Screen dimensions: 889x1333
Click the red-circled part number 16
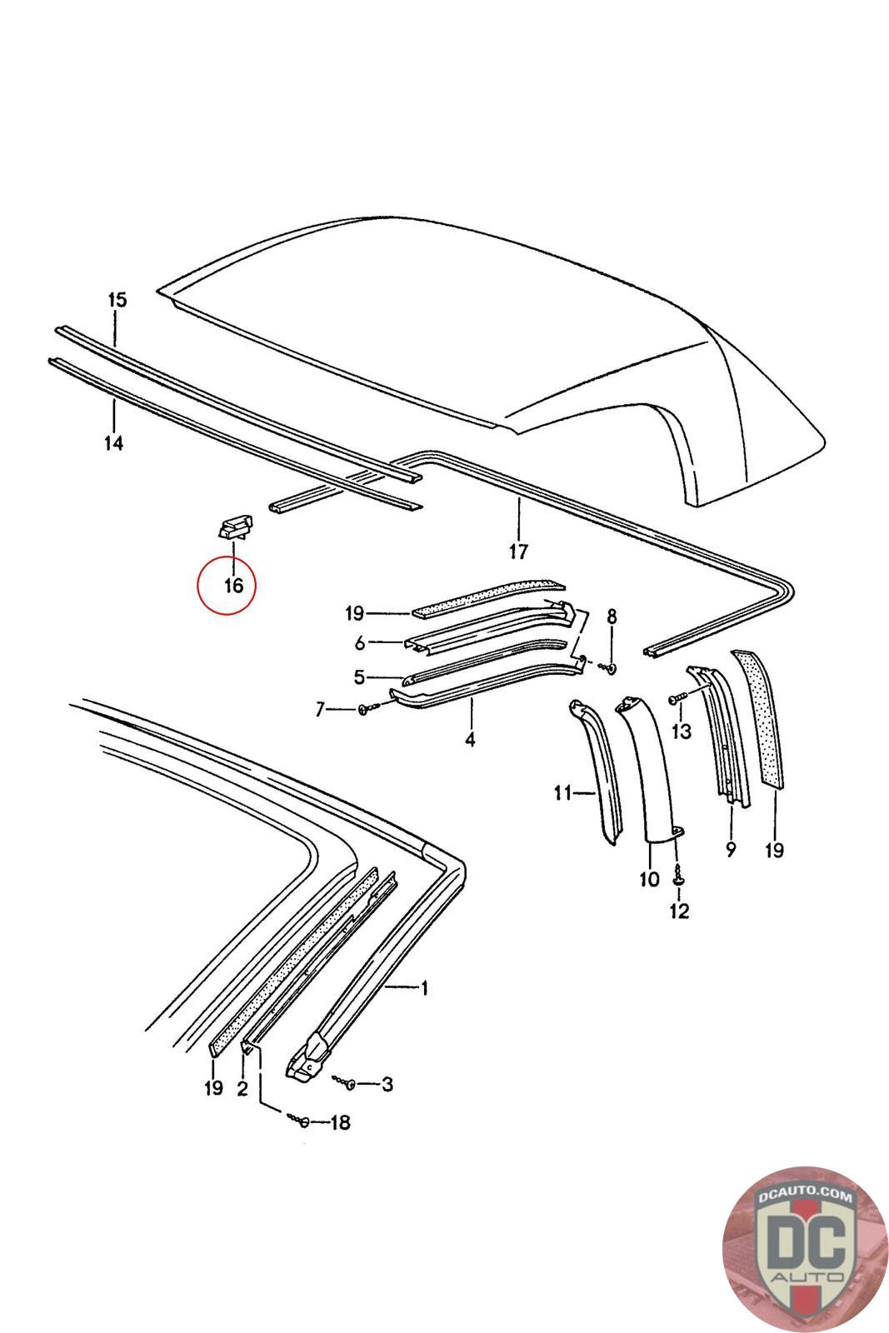coord(233,586)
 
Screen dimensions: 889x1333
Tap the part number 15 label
coord(117,300)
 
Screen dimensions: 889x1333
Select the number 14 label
coord(114,442)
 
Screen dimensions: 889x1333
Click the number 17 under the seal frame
coord(518,551)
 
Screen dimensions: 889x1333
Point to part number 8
coord(612,617)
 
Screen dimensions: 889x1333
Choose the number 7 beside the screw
coord(319,709)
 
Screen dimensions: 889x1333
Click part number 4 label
coord(470,739)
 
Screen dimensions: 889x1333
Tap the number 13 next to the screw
coord(682,731)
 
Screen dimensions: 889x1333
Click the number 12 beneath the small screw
coord(679,911)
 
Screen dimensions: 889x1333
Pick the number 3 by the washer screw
coord(387,1084)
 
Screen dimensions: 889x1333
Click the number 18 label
coord(340,1123)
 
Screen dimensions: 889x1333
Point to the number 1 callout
coord(424,988)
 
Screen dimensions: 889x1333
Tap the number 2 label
coord(242,1088)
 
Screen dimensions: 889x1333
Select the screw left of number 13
coord(678,698)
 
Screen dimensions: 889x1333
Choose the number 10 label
coord(649,878)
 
